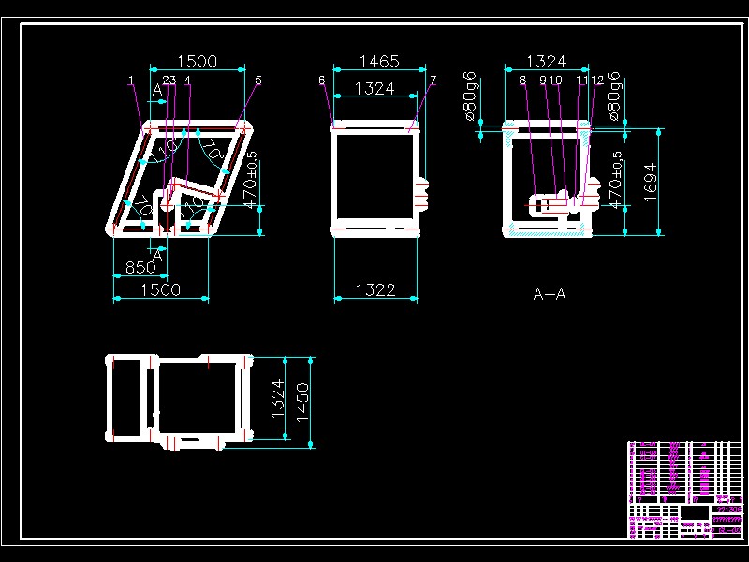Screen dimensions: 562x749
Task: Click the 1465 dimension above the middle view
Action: pos(379,62)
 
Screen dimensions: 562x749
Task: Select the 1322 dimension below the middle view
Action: pos(375,290)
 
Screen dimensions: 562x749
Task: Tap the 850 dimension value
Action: pos(140,268)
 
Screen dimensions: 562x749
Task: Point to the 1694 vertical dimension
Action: pos(651,181)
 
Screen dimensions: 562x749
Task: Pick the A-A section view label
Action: pos(550,294)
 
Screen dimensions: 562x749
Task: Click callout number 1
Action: pos(131,81)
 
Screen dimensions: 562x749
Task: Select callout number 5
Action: pos(258,81)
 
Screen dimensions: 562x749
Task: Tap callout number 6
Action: pos(321,81)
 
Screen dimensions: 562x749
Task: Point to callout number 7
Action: pos(433,81)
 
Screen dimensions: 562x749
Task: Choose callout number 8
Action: pos(522,81)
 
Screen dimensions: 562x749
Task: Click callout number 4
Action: pos(188,81)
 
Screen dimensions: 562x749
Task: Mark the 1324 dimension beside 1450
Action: pos(277,398)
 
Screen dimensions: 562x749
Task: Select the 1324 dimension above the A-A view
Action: pos(546,62)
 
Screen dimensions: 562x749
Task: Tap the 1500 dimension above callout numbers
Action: pos(197,62)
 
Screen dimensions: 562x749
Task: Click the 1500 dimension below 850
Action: pos(160,290)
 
